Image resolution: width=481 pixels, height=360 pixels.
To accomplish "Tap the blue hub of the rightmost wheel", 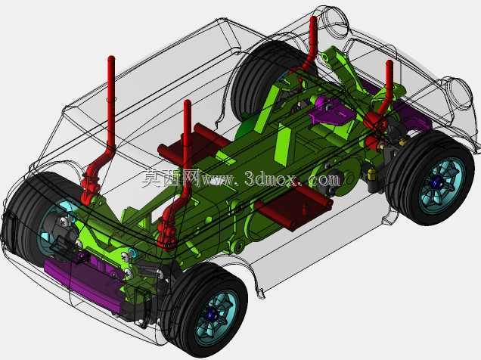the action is [436, 183].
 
